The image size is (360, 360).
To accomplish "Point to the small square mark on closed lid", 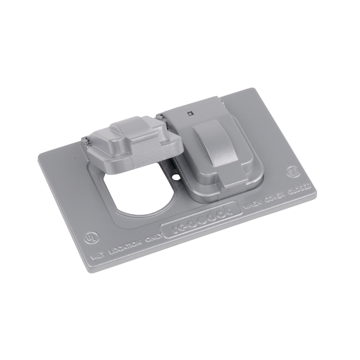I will pyautogui.click(x=190, y=114).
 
